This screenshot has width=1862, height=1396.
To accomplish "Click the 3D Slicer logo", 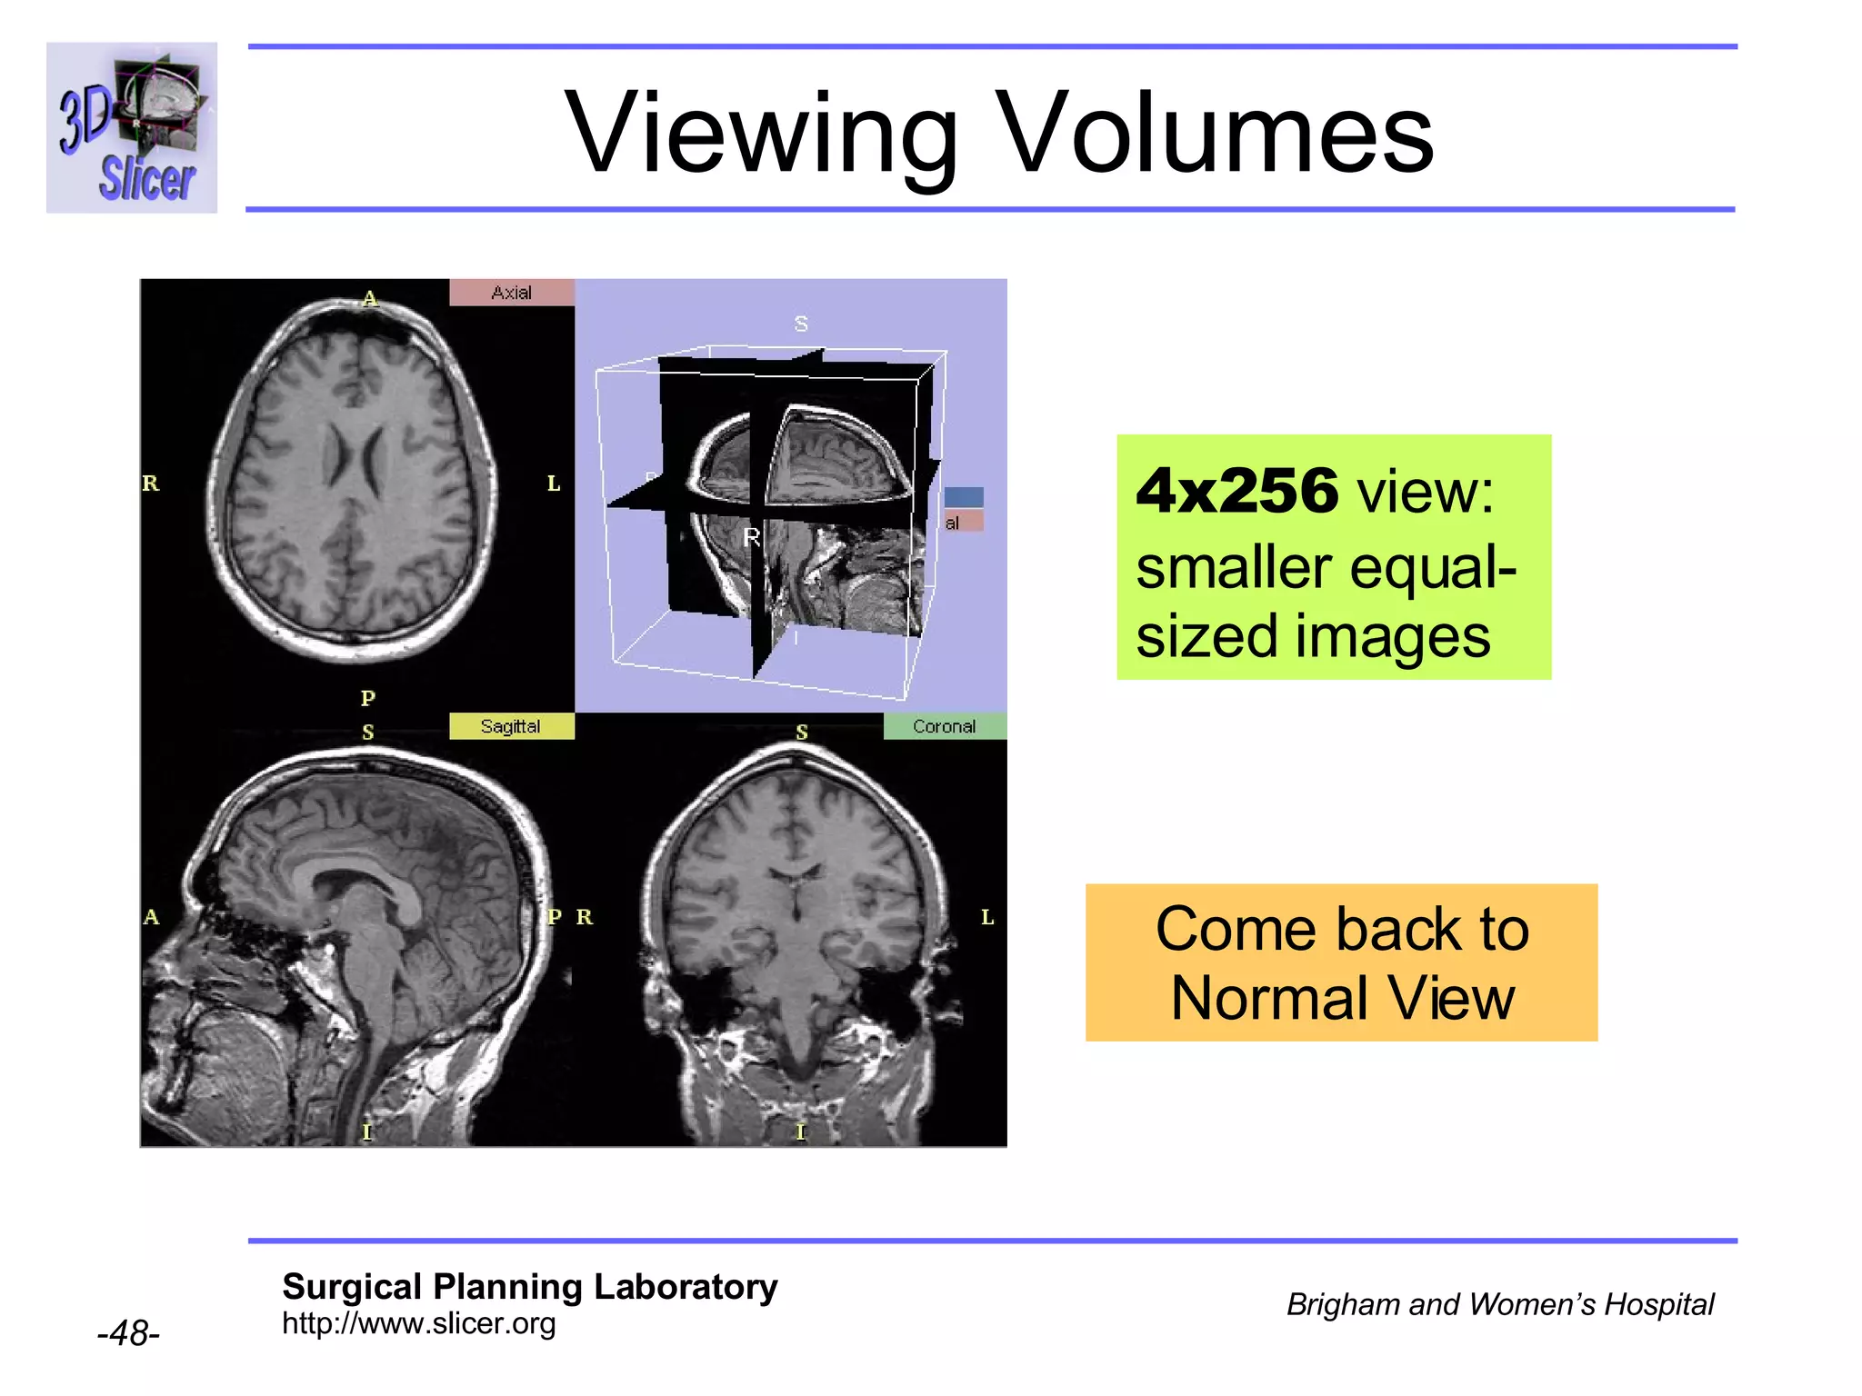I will point(132,127).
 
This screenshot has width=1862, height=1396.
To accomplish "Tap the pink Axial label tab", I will point(512,293).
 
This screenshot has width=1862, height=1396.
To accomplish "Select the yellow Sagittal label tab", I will point(511,726).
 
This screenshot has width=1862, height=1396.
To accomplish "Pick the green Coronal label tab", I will point(945,726).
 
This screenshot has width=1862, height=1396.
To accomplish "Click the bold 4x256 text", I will point(1237,492).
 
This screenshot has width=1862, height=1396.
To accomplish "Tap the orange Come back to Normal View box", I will point(1341,962).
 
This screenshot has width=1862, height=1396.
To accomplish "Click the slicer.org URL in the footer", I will point(418,1324).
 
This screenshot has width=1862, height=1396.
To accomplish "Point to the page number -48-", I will point(128,1333).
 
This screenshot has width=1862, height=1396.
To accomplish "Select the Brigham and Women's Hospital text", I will point(1499,1304).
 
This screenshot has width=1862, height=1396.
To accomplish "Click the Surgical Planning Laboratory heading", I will point(529,1287).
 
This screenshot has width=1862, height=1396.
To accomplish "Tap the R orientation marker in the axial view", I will point(151,484).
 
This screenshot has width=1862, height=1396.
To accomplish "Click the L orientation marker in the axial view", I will point(554,484).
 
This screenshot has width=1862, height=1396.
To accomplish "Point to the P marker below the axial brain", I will point(367,698).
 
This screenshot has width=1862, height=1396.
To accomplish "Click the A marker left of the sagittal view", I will point(151,917).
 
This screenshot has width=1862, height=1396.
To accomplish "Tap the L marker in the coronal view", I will point(987,917).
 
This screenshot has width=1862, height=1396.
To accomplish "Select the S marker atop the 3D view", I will point(801,324).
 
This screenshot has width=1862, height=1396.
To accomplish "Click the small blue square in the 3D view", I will point(964,496).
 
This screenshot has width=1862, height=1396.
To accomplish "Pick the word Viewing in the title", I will point(762,133).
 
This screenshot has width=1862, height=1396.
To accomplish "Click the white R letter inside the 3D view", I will point(752,537).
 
